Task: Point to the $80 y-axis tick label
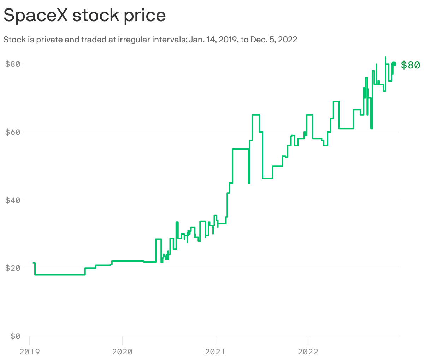[x=13, y=64]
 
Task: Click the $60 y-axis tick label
[x=13, y=132]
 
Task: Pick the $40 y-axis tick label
[x=13, y=200]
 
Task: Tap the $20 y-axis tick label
[x=13, y=268]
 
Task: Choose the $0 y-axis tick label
[x=15, y=336]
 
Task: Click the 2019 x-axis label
[x=29, y=352]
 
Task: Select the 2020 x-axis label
[x=122, y=352]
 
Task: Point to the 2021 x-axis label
[x=215, y=352]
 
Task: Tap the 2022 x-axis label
[x=308, y=352]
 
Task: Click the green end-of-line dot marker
[x=394, y=64]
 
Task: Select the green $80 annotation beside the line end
[x=411, y=65]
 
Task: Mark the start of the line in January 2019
[x=33, y=263]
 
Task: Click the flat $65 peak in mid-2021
[x=256, y=115]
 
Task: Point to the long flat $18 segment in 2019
[x=60, y=275]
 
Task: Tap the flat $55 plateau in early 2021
[x=240, y=149]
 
